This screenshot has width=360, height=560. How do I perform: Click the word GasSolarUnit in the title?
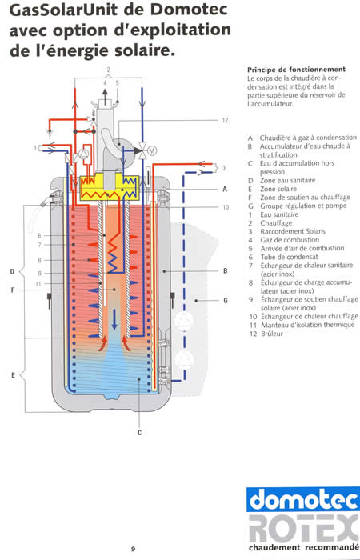(63, 10)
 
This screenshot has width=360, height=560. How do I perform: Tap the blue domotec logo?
(303, 499)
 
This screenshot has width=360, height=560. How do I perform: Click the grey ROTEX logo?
(304, 528)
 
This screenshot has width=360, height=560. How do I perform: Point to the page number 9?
(134, 549)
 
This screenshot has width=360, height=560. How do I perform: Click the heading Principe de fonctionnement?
(296, 70)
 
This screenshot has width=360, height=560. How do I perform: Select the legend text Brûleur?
(272, 334)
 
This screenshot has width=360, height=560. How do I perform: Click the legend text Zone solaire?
(278, 189)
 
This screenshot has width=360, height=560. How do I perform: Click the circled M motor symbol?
(152, 150)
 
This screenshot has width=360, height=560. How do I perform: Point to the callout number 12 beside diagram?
(225, 120)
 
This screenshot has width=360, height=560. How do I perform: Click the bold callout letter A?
(225, 189)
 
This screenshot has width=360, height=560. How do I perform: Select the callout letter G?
(226, 300)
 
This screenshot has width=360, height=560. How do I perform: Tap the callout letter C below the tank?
(140, 433)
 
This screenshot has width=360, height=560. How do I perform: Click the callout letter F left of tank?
(13, 290)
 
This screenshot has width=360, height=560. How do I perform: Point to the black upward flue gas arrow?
(105, 97)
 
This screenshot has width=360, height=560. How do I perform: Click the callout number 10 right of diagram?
(226, 207)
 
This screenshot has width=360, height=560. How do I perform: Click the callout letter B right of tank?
(225, 270)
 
